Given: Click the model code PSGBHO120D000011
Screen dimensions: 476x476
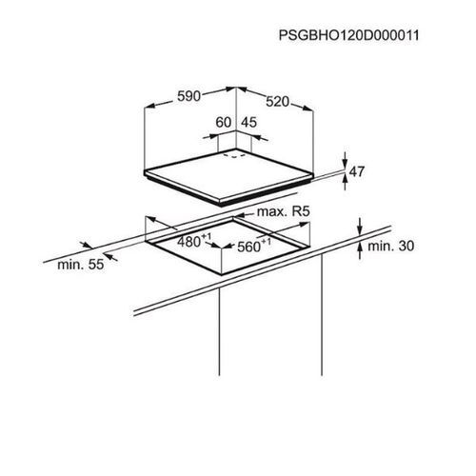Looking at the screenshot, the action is pyautogui.click(x=348, y=35).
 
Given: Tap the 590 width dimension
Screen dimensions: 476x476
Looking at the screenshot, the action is pyautogui.click(x=188, y=96).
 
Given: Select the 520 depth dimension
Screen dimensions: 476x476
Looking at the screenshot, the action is pyautogui.click(x=278, y=102).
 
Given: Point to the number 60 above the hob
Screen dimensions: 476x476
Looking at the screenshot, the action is pyautogui.click(x=224, y=123).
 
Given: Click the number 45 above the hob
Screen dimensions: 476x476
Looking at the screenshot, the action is pyautogui.click(x=249, y=123).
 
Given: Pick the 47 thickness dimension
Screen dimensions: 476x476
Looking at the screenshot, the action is pyautogui.click(x=357, y=171).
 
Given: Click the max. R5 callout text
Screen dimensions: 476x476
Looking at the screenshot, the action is pyautogui.click(x=283, y=211).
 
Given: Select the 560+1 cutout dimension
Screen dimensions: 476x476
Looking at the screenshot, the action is pyautogui.click(x=254, y=246).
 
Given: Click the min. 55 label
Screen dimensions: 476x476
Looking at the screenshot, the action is pyautogui.click(x=81, y=265).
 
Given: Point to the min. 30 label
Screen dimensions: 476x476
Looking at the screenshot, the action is pyautogui.click(x=390, y=246).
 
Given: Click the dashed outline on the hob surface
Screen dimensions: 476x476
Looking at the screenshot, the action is pyautogui.click(x=234, y=156).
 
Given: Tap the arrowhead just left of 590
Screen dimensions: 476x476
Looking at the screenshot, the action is pyautogui.click(x=150, y=106).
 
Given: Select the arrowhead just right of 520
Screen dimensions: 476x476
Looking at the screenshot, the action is pyautogui.click(x=307, y=108).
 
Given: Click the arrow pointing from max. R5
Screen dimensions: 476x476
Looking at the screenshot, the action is pyautogui.click(x=245, y=215).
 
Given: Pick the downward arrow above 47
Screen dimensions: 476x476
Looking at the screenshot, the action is pyautogui.click(x=346, y=160).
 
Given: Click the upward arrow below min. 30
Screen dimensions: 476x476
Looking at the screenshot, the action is pyautogui.click(x=360, y=250).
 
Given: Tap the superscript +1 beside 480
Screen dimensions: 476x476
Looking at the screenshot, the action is pyautogui.click(x=207, y=236).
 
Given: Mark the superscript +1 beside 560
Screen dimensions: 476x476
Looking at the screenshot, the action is pyautogui.click(x=267, y=241).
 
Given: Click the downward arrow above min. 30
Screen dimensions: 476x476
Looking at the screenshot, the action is pyautogui.click(x=360, y=227).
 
